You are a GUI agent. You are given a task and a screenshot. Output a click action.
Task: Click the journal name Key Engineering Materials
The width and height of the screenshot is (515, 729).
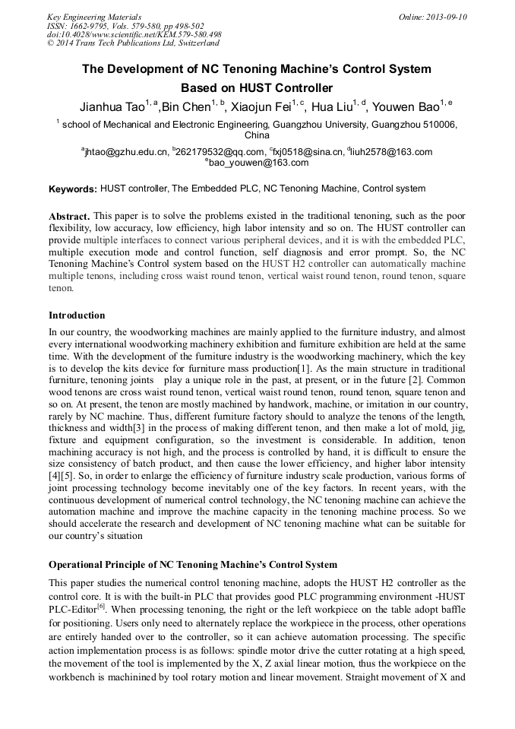tap(93, 16)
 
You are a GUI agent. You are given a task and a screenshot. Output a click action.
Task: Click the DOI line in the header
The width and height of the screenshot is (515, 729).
tap(134, 34)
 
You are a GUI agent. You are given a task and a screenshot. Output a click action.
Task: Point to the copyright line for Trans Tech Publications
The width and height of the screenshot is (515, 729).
tap(133, 43)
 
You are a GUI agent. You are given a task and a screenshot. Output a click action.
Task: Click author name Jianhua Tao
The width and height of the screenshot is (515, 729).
tap(112, 106)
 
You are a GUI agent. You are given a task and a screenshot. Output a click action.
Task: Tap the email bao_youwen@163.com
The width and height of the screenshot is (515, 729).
tap(258, 163)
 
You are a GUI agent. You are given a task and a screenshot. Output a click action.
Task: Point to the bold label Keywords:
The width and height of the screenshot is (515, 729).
tap(73, 189)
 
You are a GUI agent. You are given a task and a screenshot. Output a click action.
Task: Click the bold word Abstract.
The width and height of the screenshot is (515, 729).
tap(69, 217)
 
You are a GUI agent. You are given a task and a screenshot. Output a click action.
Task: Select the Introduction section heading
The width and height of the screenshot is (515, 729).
tap(77, 315)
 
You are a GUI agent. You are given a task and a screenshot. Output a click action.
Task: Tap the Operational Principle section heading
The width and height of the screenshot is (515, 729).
tap(193, 565)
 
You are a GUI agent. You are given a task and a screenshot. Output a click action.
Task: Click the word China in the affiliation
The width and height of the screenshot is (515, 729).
tap(257, 135)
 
